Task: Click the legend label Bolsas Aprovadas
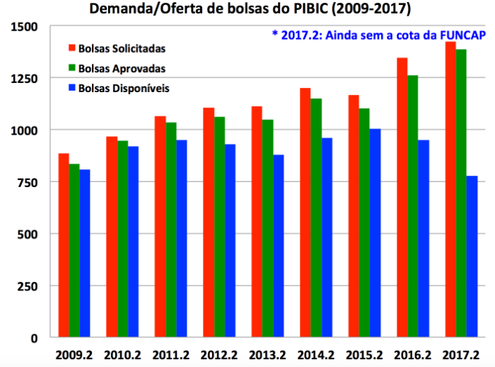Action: coord(122,69)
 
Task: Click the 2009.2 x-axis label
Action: coord(74,353)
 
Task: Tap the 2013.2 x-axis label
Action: coord(268,353)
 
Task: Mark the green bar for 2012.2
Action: coord(219,227)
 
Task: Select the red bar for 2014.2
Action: coord(305,213)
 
